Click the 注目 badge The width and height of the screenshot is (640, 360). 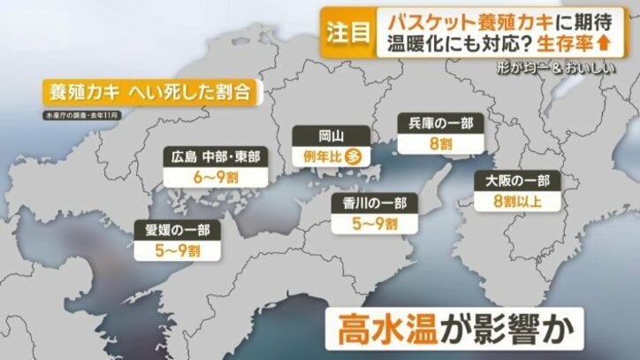tap(347, 33)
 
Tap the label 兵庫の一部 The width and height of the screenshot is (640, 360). tap(429, 124)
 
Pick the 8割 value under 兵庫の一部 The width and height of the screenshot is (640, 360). tap(429, 143)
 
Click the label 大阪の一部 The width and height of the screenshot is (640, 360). tap(517, 181)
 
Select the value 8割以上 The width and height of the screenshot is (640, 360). tap(517, 201)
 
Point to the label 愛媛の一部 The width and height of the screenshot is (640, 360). tap(179, 232)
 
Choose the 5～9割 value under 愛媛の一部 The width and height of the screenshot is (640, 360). tap(179, 251)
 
